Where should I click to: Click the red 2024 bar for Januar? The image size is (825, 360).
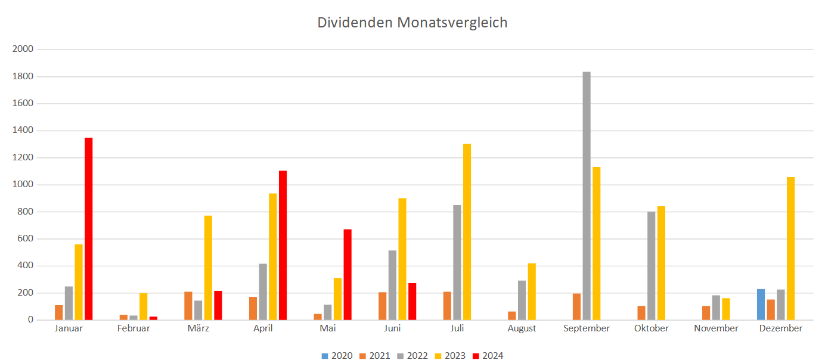click(88, 229)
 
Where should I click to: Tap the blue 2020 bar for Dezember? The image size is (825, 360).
click(761, 305)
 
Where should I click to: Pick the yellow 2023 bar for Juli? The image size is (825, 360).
click(467, 232)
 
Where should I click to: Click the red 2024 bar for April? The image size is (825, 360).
click(283, 246)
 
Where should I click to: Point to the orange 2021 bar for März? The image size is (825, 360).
click(188, 306)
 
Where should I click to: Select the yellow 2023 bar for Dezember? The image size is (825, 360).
click(790, 249)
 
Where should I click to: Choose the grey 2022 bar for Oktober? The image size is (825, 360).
click(651, 266)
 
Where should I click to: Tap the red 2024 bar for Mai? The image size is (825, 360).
click(348, 275)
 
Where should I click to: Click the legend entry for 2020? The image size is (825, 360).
click(337, 356)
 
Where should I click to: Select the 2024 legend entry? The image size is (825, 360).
click(487, 356)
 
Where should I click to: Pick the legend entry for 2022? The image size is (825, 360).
click(412, 356)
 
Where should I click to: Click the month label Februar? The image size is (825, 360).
click(134, 328)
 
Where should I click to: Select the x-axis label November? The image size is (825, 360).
click(716, 328)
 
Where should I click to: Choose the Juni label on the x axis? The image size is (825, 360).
click(392, 328)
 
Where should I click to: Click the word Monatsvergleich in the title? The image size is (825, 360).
click(452, 23)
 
